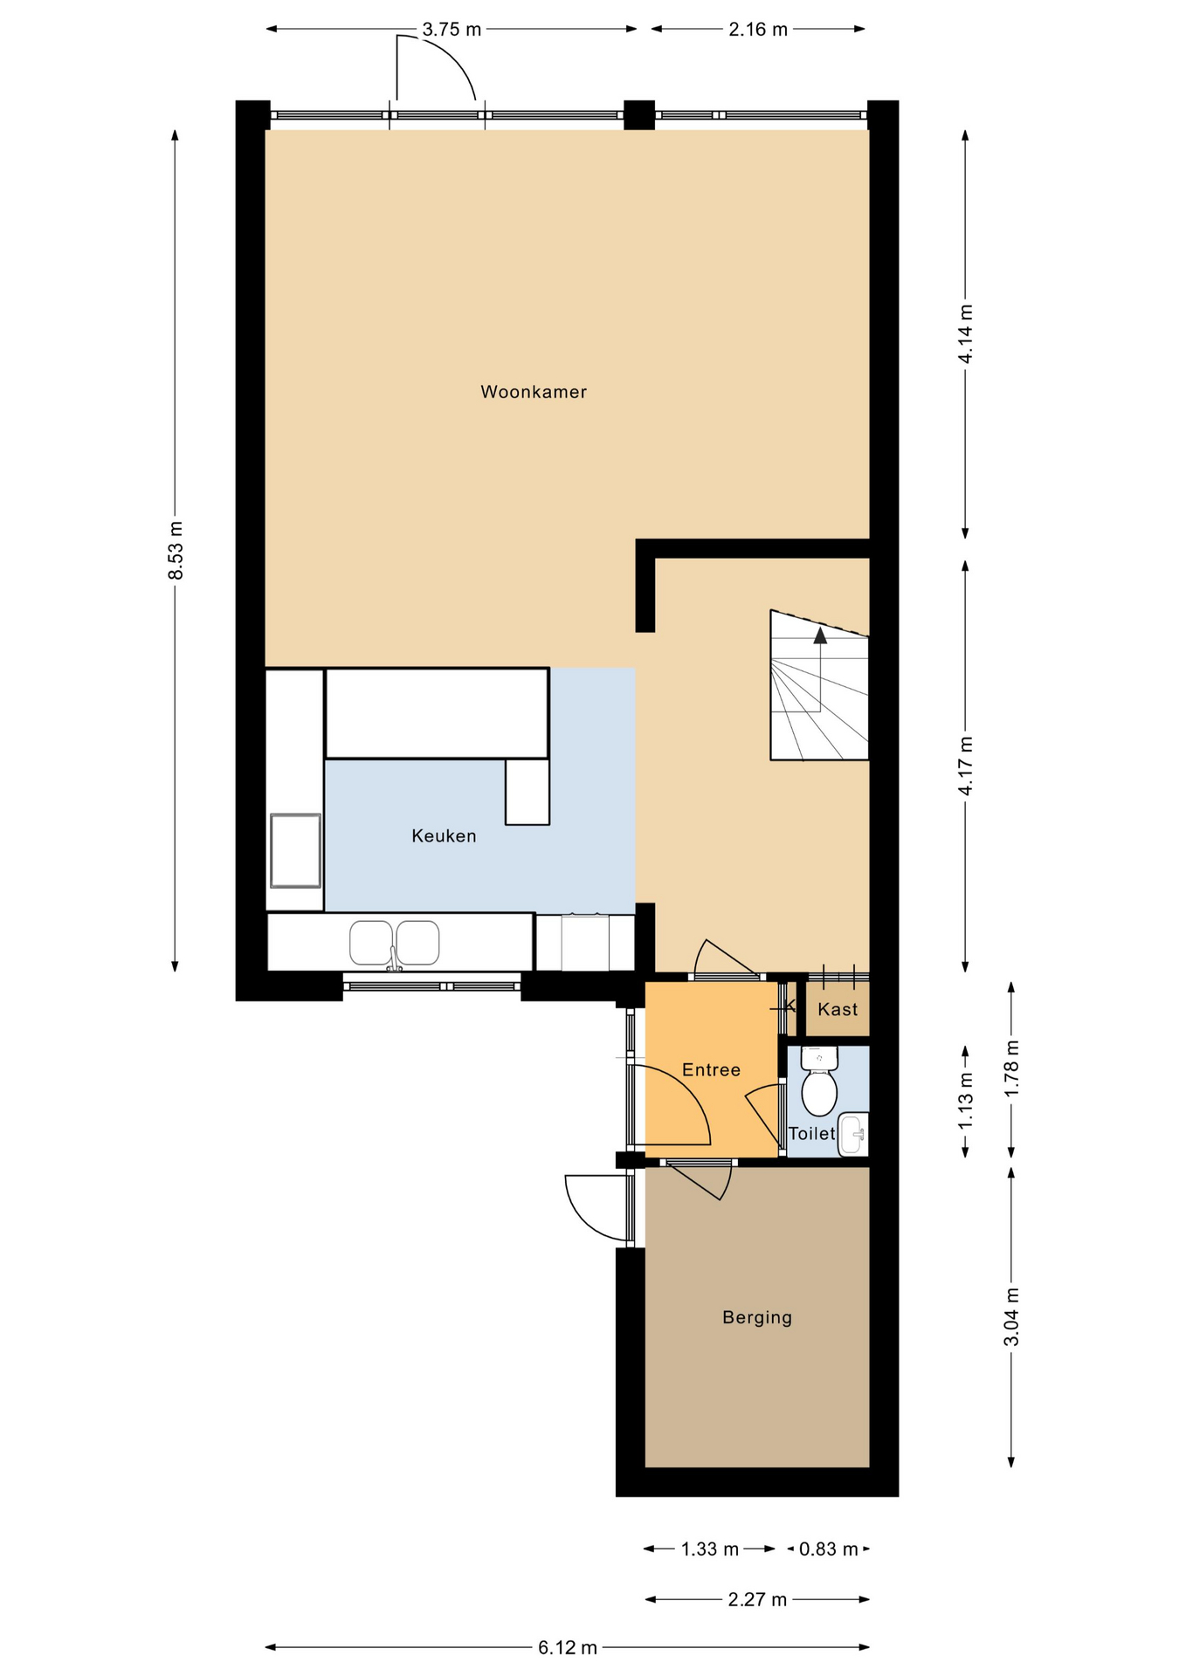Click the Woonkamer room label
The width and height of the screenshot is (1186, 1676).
click(534, 392)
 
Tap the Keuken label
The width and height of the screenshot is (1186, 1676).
click(444, 836)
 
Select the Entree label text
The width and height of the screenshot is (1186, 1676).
click(711, 1070)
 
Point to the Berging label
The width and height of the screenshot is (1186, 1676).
click(757, 1317)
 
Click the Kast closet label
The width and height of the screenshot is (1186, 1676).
click(838, 1009)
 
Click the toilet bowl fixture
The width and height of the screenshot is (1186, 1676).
click(819, 1082)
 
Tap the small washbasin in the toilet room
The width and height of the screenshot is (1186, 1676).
click(853, 1135)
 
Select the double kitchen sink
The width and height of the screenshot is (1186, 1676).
click(394, 943)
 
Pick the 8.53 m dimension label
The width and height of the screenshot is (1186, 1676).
click(176, 550)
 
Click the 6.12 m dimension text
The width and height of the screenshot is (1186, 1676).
click(568, 1647)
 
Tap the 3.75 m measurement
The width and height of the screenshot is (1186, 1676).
click(452, 30)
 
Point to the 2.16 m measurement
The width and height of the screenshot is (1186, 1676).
click(758, 30)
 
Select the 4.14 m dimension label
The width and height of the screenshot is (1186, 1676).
click(966, 334)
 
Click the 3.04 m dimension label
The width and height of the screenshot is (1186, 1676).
click(1011, 1317)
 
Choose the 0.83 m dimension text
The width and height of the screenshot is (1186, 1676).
click(829, 1549)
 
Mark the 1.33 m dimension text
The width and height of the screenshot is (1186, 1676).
click(710, 1549)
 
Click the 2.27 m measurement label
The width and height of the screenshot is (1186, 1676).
click(757, 1599)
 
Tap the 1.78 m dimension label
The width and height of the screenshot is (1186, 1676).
click(1011, 1069)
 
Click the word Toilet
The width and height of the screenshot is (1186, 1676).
click(812, 1134)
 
